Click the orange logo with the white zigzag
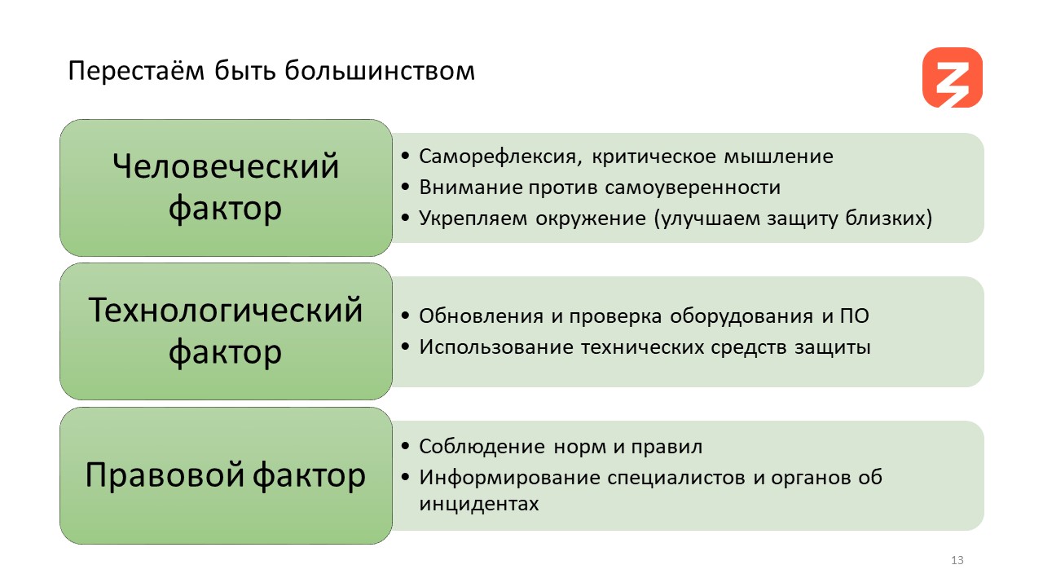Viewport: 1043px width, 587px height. [x=953, y=77]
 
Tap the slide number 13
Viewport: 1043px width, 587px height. [x=957, y=560]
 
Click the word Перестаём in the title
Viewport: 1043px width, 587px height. [x=136, y=71]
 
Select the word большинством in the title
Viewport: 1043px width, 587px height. [x=380, y=71]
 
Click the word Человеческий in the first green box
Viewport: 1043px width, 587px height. [x=226, y=166]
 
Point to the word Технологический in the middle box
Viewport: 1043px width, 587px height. [x=226, y=311]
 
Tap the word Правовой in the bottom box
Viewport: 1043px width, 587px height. [x=165, y=474]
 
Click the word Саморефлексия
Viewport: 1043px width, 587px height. [x=500, y=157]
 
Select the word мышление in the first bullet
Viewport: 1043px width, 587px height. [x=778, y=157]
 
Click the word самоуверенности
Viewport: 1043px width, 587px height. [x=693, y=188]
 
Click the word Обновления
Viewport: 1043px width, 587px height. [x=481, y=316]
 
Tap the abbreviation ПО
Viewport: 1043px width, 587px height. [x=855, y=316]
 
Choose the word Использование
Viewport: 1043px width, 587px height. [x=496, y=347]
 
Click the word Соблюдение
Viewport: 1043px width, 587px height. [x=482, y=446]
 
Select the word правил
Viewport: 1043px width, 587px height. [x=667, y=447]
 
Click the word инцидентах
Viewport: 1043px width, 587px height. [x=478, y=504]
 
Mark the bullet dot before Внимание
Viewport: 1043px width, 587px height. [x=405, y=188]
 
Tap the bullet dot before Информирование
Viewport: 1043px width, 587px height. [x=405, y=477]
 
